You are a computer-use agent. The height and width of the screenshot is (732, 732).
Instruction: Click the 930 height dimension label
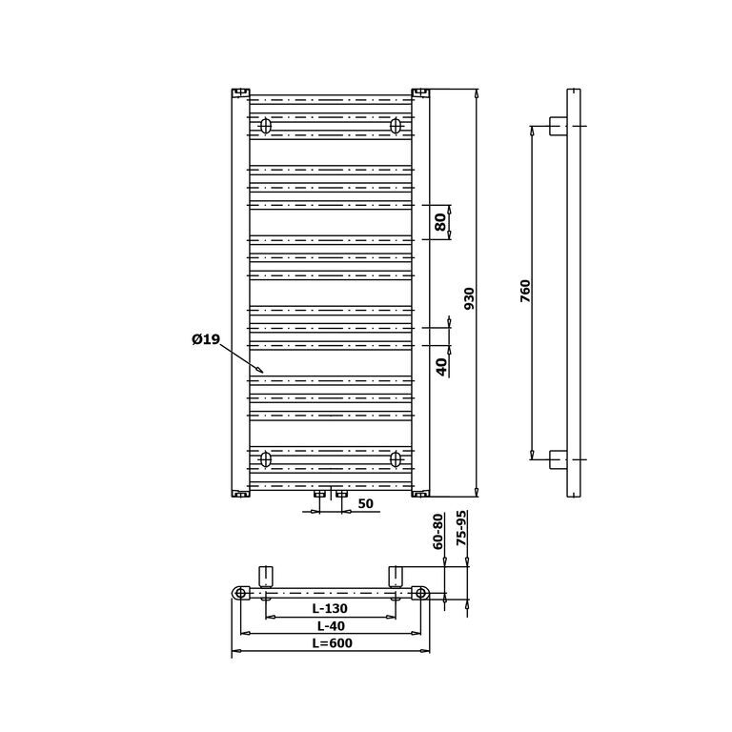pyautogui.click(x=470, y=298)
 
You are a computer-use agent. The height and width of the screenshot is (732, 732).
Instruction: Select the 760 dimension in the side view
pyautogui.click(x=526, y=291)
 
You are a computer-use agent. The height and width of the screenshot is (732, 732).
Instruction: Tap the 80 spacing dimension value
pyautogui.click(x=439, y=222)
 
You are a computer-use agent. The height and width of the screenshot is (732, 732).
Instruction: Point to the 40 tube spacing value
pyautogui.click(x=441, y=367)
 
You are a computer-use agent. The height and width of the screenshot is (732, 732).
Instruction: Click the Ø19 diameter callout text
pyautogui.click(x=206, y=339)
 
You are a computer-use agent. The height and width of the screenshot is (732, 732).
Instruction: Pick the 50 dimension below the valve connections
pyautogui.click(x=366, y=503)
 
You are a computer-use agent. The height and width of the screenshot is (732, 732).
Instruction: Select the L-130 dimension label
pyautogui.click(x=330, y=608)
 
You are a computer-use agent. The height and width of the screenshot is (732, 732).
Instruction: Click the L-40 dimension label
pyautogui.click(x=331, y=625)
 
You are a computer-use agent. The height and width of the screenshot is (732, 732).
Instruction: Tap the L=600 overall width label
pyautogui.click(x=333, y=642)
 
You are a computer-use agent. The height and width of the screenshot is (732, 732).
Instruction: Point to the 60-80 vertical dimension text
pyautogui.click(x=438, y=531)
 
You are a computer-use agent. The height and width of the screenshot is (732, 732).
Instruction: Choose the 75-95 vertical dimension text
pyautogui.click(x=461, y=528)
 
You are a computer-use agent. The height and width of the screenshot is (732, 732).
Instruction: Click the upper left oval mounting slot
pyautogui.click(x=266, y=126)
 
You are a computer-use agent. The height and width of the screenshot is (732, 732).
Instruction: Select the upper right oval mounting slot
pyautogui.click(x=396, y=126)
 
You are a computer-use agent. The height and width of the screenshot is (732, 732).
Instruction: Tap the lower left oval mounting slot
pyautogui.click(x=266, y=459)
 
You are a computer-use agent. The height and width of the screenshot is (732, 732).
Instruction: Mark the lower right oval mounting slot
pyautogui.click(x=396, y=459)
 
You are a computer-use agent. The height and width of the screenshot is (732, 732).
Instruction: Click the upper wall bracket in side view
pyautogui.click(x=559, y=126)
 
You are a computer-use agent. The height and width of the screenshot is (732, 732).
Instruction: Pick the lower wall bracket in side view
pyautogui.click(x=559, y=459)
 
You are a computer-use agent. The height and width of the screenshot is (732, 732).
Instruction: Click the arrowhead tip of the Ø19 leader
pyautogui.click(x=263, y=373)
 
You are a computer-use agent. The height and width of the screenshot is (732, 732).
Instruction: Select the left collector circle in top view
pyautogui.click(x=240, y=593)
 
